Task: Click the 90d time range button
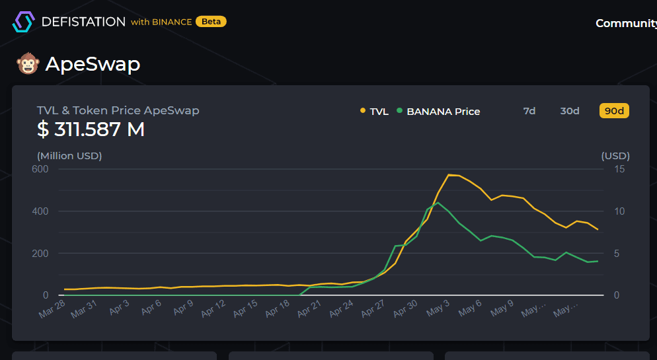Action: click(x=614, y=111)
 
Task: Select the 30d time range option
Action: click(x=570, y=111)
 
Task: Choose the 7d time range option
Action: click(x=529, y=111)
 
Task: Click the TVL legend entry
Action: click(x=374, y=112)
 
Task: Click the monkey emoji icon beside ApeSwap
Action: click(x=28, y=64)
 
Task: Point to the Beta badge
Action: click(x=211, y=22)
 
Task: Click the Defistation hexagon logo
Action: click(x=23, y=22)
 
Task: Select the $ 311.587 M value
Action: click(x=91, y=129)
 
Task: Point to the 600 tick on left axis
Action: click(x=40, y=169)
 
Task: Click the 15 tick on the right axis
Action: click(x=619, y=169)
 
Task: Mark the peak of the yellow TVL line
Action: click(x=449, y=175)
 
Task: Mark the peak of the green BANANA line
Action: click(x=438, y=202)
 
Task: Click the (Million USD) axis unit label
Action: click(x=69, y=156)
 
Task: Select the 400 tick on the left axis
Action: click(x=40, y=211)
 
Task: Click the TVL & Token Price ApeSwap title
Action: click(x=118, y=110)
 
